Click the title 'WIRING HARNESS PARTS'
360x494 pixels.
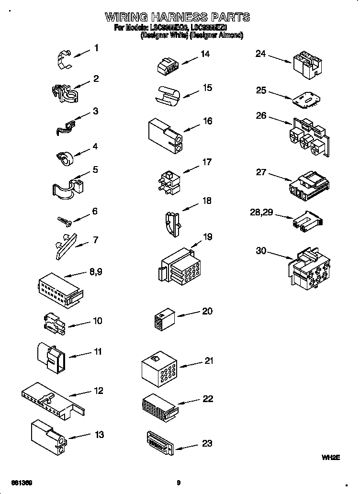[x=177, y=17]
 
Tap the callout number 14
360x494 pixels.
[x=205, y=54]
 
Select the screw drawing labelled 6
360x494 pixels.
[x=64, y=220]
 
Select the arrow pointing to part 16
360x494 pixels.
[x=191, y=128]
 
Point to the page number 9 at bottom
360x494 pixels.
[x=178, y=483]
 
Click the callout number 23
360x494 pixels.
[x=207, y=443]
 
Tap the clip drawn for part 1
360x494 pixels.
[x=65, y=57]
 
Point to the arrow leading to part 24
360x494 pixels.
[x=280, y=58]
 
